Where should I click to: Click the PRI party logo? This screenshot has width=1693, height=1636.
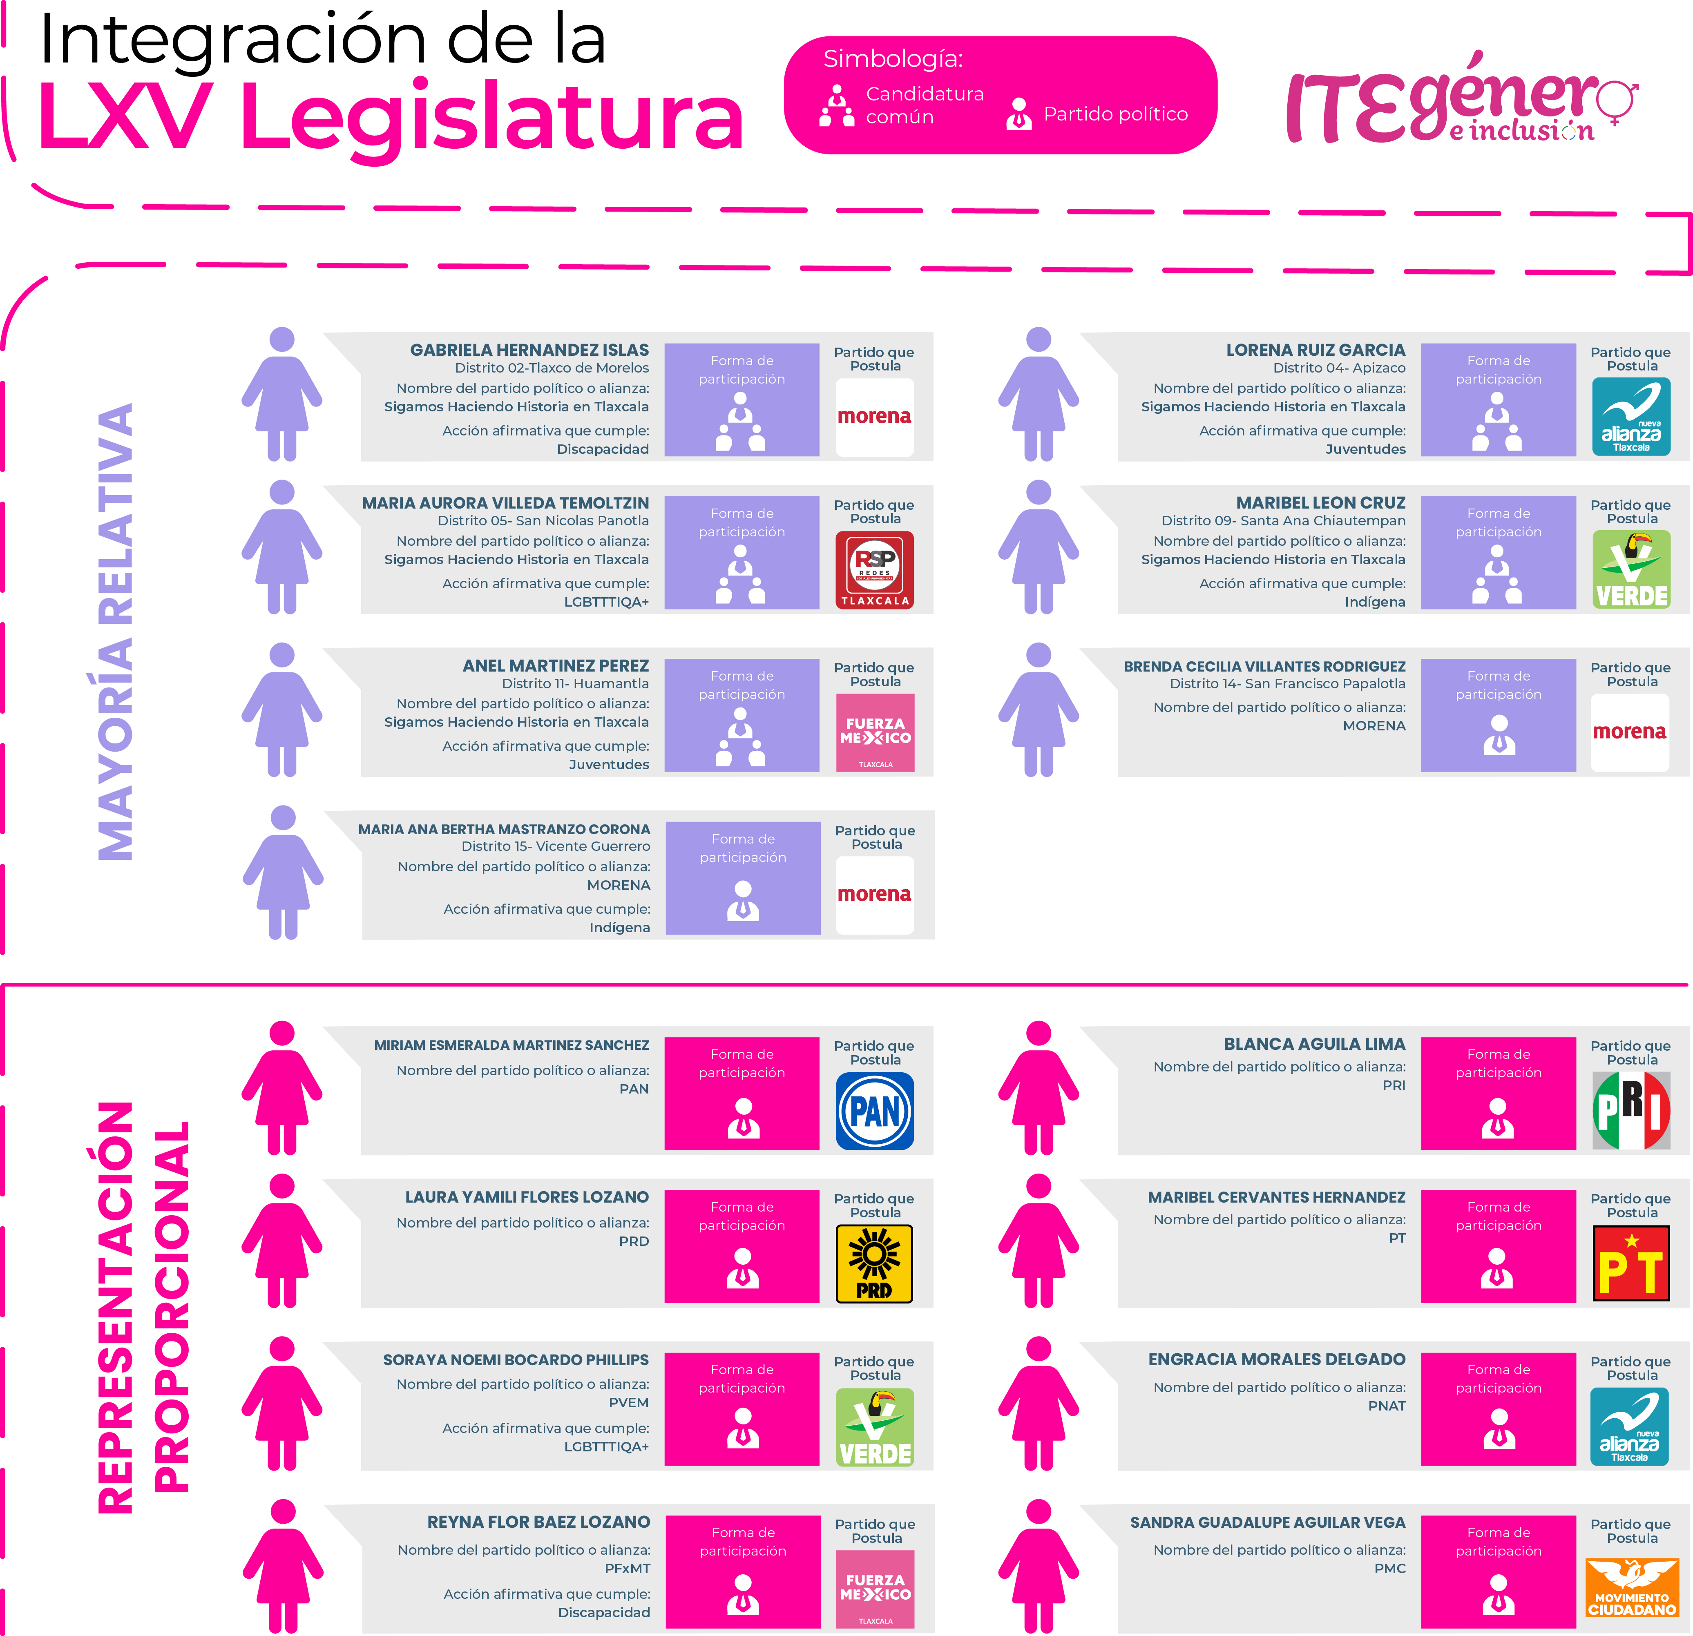coord(1631,1111)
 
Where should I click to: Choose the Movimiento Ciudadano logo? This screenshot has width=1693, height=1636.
coord(1631,1588)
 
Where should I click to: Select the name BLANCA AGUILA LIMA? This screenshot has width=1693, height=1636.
coord(1314,1045)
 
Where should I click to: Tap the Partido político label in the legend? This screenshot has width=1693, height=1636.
coord(1115,114)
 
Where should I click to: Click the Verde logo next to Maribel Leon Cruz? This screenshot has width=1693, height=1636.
coord(1631,570)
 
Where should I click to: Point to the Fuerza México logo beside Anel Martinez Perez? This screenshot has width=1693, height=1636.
coord(874,732)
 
